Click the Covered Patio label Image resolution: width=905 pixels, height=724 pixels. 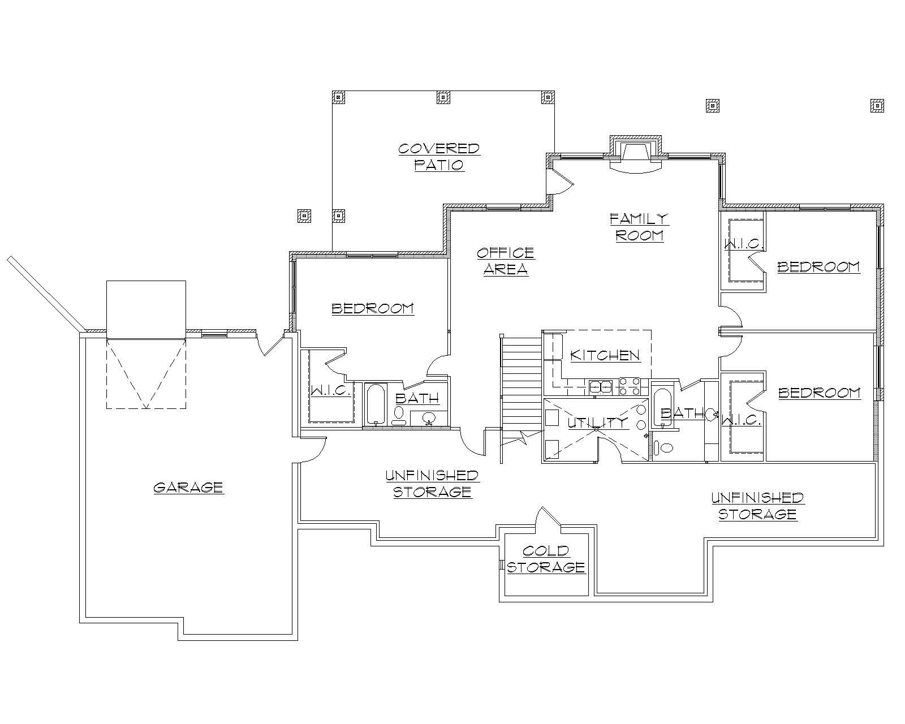(439, 157)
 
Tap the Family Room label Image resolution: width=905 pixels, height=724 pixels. (639, 227)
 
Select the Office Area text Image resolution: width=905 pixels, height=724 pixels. (505, 261)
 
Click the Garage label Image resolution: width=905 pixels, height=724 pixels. (189, 488)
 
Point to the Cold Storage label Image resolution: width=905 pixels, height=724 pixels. (545, 559)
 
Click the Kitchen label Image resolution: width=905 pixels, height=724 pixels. (605, 355)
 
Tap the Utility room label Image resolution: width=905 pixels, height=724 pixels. (597, 422)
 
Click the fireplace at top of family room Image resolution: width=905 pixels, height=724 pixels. (635, 156)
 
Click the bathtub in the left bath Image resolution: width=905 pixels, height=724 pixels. (376, 404)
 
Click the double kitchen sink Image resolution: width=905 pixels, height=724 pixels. (600, 387)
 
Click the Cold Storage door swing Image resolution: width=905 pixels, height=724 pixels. (546, 516)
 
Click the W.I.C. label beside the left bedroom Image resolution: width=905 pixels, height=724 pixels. (331, 391)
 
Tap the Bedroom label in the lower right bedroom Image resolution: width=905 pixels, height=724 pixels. (819, 393)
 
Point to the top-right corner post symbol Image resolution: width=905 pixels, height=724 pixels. (877, 105)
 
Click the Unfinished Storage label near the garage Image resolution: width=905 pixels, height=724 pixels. (432, 483)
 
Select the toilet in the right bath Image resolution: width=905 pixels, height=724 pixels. (665, 448)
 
